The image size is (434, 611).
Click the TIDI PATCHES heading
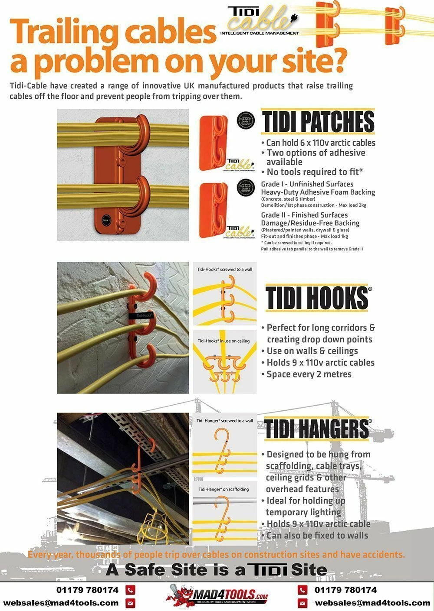[x=318, y=122]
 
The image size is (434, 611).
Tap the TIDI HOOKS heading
[x=317, y=298]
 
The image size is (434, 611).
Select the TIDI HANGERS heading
[x=317, y=429]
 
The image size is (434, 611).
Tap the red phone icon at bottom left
[x=130, y=590]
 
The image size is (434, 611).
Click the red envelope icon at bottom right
[x=302, y=603]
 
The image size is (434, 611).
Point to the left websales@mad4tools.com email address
[x=61, y=603]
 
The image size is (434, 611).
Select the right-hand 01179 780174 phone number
[x=345, y=590]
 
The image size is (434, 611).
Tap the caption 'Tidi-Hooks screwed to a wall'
[x=224, y=269]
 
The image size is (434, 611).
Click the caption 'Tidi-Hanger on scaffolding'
[x=224, y=489]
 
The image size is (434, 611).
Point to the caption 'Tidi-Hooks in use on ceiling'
[x=224, y=341]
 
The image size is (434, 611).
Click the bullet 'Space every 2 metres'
[x=309, y=374]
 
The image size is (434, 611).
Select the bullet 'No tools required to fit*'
[x=315, y=172]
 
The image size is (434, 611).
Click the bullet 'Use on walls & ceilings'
[x=312, y=351]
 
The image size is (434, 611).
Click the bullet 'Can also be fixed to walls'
[x=317, y=536]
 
